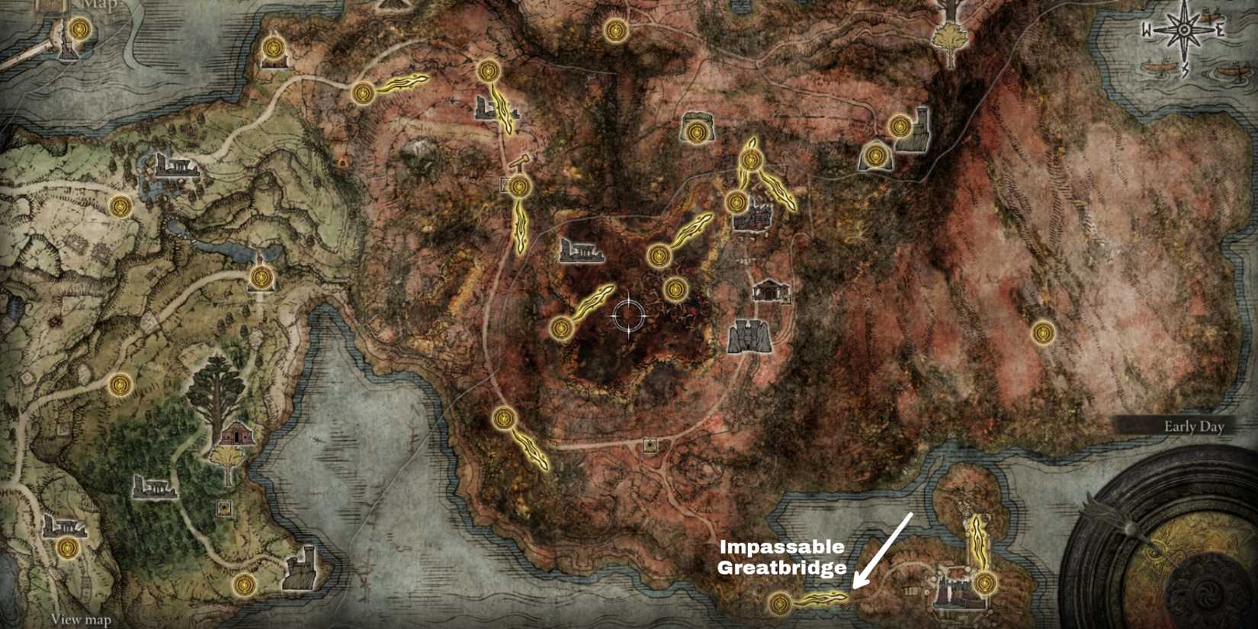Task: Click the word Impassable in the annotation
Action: [x=781, y=547]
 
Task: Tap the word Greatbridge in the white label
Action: [x=781, y=567]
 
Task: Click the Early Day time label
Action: [x=1193, y=427]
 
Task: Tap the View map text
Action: [x=81, y=620]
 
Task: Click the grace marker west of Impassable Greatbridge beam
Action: [x=778, y=603]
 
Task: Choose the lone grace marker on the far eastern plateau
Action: [x=1043, y=332]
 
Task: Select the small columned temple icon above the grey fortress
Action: [x=770, y=290]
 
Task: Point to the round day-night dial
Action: [x=1170, y=549]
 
